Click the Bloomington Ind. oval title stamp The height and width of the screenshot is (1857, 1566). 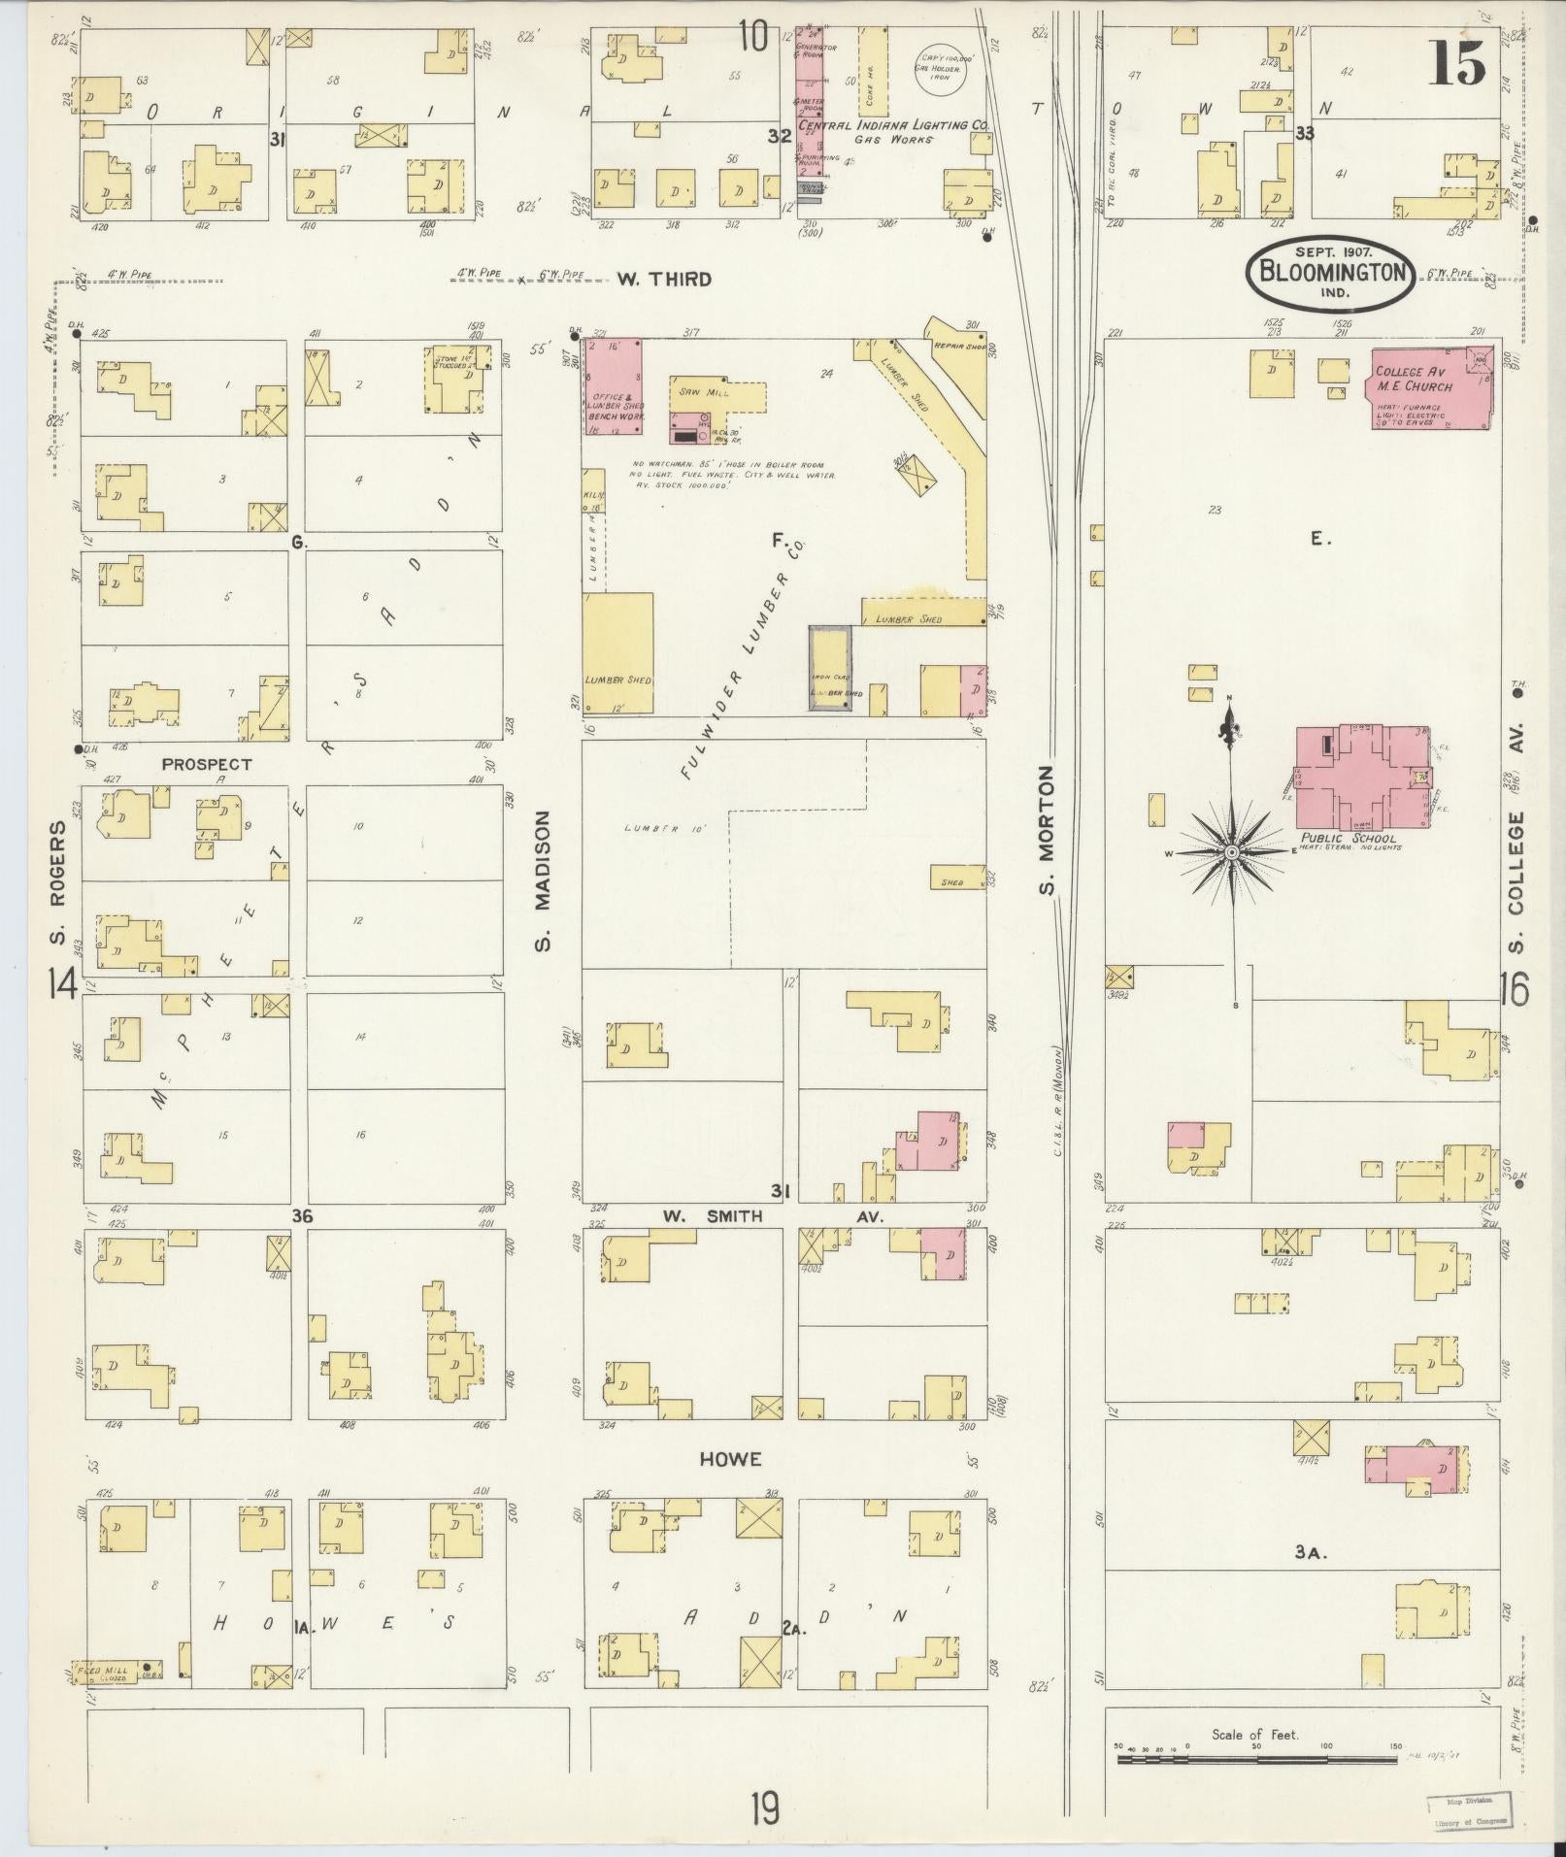[x=1331, y=273]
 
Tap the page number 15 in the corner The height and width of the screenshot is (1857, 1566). [x=1456, y=65]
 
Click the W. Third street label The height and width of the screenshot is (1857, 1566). [x=664, y=280]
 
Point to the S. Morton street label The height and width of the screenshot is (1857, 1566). [x=1046, y=832]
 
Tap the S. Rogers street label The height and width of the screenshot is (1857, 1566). [x=57, y=882]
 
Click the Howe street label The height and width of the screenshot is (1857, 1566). [x=729, y=1459]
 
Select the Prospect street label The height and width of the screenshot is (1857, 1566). [x=207, y=764]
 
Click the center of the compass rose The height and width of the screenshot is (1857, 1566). [x=1231, y=852]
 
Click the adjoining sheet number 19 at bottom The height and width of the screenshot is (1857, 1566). [x=764, y=1808]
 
